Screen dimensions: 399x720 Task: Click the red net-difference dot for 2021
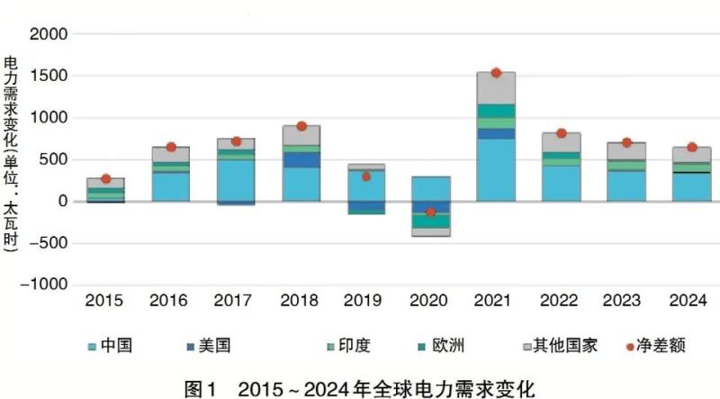click(x=496, y=73)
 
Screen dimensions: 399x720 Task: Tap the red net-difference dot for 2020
click(x=431, y=212)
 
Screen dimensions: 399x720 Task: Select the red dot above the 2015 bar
click(x=106, y=179)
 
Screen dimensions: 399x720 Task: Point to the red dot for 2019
click(x=366, y=177)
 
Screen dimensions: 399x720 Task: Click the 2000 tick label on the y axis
click(x=49, y=34)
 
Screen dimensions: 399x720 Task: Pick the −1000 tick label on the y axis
click(x=44, y=284)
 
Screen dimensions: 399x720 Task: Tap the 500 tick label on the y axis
click(x=55, y=159)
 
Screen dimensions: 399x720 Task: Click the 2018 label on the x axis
click(x=301, y=299)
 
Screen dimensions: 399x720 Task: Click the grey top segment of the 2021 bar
click(x=496, y=88)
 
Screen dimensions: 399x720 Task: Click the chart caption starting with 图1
click(x=359, y=388)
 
